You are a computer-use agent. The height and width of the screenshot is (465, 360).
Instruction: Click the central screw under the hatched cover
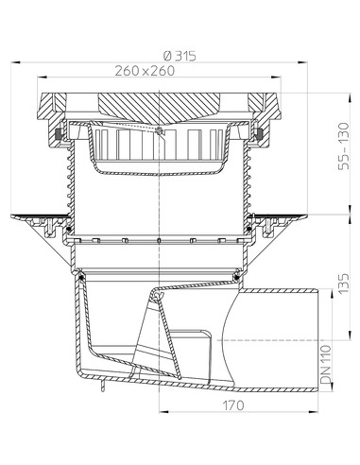[162, 130]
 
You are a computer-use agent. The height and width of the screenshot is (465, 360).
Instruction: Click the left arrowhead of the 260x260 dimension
[43, 79]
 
